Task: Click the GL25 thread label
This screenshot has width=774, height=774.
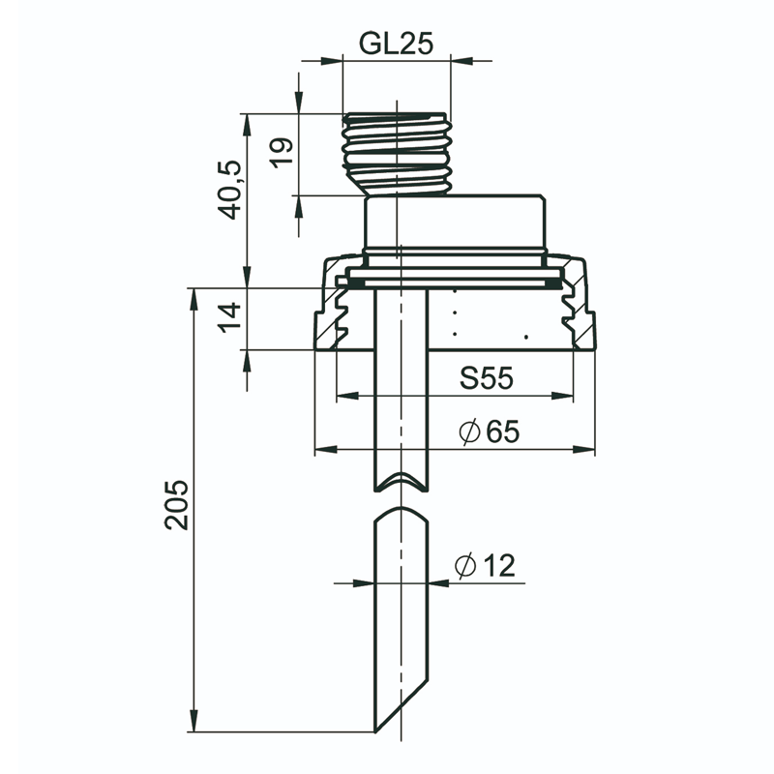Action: tap(396, 44)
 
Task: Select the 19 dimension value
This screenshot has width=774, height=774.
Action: tap(282, 153)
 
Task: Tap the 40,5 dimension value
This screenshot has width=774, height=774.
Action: tap(230, 190)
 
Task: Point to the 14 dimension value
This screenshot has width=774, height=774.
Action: tap(230, 318)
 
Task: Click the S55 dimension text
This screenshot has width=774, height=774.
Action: tap(487, 378)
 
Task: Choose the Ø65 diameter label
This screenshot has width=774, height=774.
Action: tap(490, 432)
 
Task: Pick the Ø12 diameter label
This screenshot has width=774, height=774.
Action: tap(486, 565)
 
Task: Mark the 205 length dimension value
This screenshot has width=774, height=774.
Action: tap(177, 505)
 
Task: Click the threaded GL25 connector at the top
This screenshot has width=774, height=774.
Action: tap(398, 154)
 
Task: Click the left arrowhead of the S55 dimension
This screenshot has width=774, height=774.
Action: tap(347, 396)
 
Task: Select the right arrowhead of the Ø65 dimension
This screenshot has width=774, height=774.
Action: tap(584, 449)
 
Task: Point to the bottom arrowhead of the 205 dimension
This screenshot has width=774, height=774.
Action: tap(194, 721)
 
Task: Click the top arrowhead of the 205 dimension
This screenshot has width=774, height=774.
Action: tap(194, 300)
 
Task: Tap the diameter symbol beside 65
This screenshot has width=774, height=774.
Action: tap(469, 432)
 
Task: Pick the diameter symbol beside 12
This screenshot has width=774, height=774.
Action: tap(465, 566)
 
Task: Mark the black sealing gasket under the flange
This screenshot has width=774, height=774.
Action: tap(454, 283)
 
